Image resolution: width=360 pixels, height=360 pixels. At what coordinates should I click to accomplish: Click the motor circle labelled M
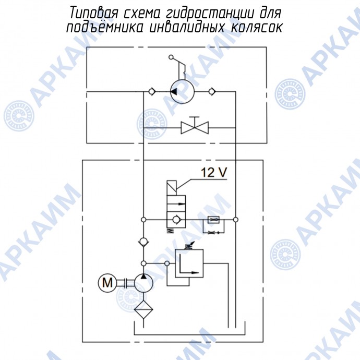click(x=107, y=283)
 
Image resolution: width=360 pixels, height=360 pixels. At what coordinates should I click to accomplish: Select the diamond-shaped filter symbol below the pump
click(x=143, y=311)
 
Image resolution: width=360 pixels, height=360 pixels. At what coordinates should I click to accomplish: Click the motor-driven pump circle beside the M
click(x=143, y=283)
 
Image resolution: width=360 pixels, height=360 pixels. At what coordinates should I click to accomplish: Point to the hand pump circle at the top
click(x=181, y=92)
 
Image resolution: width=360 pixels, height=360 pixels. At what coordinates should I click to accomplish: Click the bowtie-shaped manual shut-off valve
click(x=195, y=127)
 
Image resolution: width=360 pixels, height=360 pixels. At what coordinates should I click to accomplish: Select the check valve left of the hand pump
click(x=151, y=92)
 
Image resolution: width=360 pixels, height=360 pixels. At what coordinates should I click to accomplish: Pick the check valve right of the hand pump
click(x=211, y=92)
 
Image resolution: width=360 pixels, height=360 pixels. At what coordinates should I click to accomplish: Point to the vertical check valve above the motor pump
click(x=143, y=242)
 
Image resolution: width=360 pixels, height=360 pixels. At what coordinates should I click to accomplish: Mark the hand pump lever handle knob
click(x=171, y=57)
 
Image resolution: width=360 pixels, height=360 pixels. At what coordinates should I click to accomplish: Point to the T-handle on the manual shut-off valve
click(x=195, y=116)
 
